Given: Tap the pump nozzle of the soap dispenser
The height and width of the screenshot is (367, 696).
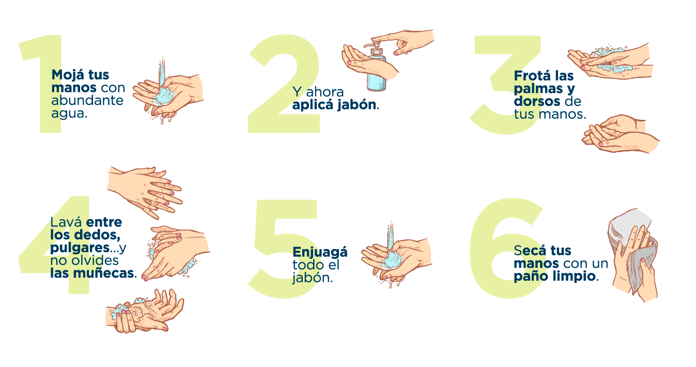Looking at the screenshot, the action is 372,45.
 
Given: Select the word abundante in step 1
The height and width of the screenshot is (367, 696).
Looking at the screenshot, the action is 87,100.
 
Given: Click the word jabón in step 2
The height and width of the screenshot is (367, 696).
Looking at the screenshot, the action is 357,105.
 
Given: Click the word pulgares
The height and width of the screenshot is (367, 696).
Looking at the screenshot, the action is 80,248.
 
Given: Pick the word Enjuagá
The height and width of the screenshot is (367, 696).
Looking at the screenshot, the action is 320,252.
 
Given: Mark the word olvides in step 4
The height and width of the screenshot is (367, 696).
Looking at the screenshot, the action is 99,261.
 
